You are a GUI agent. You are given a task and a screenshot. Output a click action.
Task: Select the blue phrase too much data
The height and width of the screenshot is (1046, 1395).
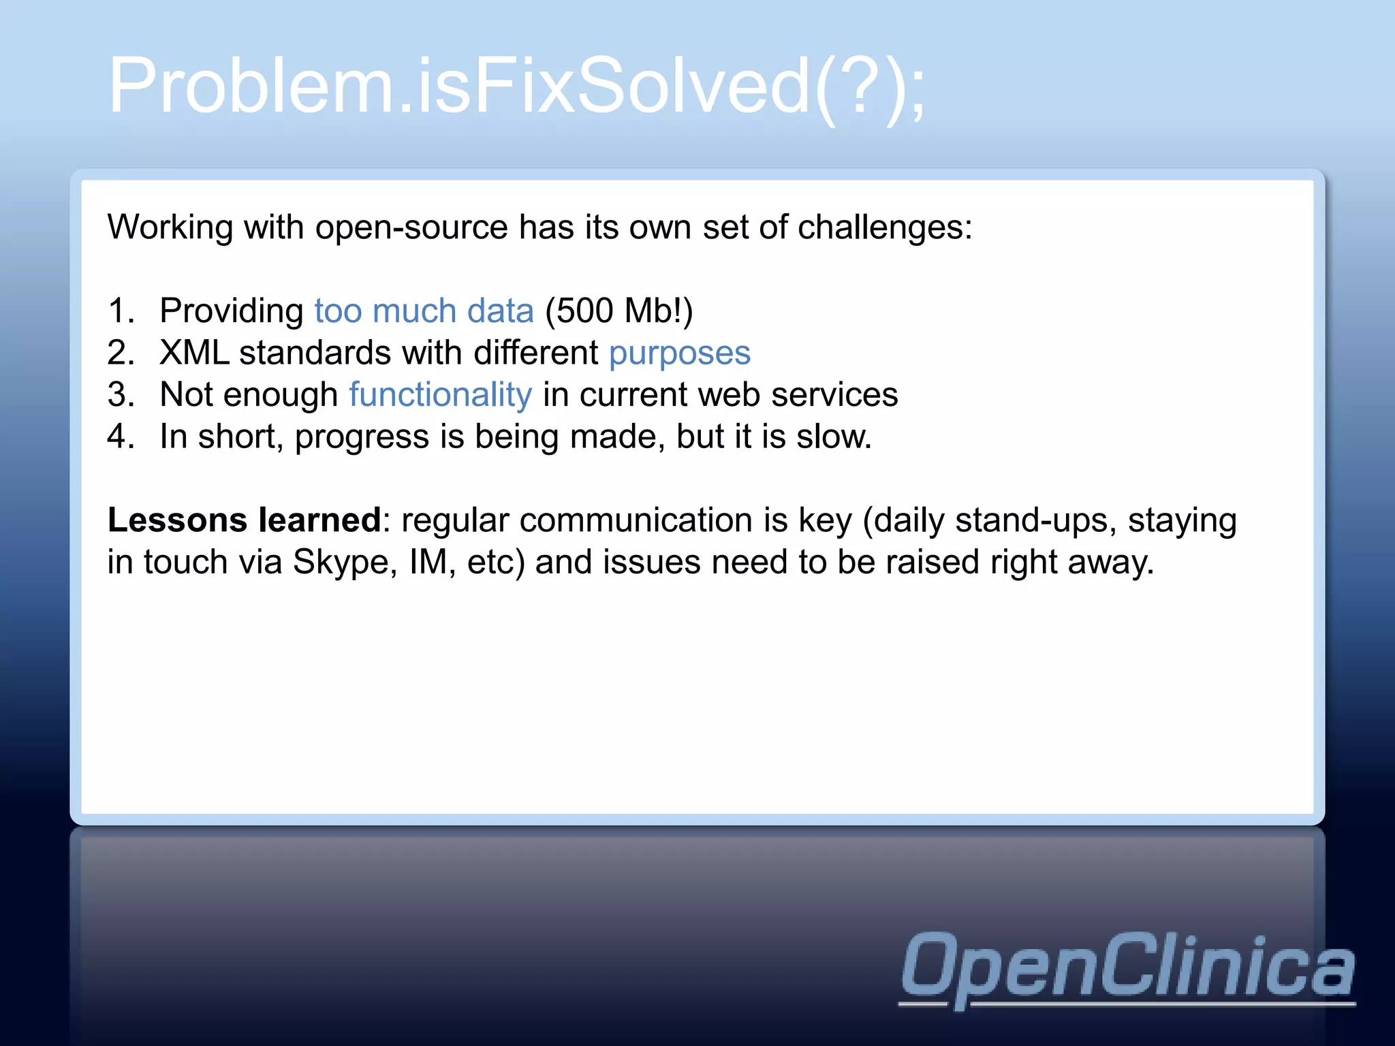(424, 311)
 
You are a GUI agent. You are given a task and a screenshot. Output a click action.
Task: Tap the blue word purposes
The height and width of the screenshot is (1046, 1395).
(679, 353)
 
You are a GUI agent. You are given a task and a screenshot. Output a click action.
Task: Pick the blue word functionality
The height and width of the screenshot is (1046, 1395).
(440, 395)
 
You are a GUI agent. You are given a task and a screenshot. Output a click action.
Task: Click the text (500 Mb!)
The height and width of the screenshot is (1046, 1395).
(618, 311)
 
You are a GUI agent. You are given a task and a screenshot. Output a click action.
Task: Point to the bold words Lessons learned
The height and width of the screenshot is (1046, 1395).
(244, 520)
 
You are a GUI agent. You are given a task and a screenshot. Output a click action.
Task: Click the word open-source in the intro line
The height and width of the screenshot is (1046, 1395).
(411, 227)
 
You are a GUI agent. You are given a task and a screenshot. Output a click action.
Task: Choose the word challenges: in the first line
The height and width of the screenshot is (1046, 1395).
(884, 227)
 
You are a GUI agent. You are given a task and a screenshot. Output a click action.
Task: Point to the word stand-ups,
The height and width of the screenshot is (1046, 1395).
(1035, 520)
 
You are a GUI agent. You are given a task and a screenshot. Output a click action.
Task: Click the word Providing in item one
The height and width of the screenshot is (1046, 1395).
(232, 311)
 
